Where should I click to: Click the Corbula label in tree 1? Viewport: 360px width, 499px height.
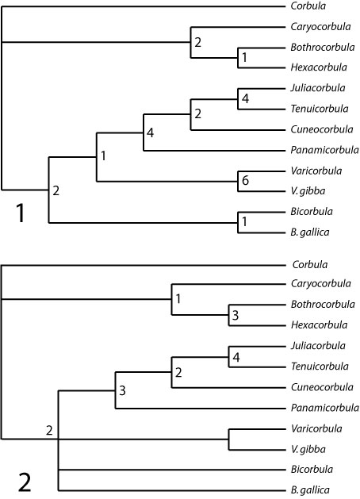point(308,6)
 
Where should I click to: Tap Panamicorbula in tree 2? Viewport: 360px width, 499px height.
point(324,408)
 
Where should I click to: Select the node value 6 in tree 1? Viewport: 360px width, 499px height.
point(245,180)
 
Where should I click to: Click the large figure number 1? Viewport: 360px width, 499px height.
point(21,213)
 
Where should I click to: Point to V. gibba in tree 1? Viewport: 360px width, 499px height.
point(308,191)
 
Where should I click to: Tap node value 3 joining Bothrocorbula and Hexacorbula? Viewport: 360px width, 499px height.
point(236,315)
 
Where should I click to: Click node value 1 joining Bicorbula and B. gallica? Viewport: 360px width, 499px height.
point(244,221)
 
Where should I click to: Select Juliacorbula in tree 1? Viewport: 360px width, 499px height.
point(317,88)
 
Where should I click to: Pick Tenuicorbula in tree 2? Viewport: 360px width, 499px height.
point(320,367)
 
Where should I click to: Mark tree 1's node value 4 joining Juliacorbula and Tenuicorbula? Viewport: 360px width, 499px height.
point(245,98)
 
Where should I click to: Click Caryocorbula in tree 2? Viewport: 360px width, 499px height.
point(321,283)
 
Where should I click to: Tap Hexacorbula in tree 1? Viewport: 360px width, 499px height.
point(318,67)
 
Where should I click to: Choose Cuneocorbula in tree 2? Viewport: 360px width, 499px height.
point(322,387)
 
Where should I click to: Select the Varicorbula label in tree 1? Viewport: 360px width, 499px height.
point(316,171)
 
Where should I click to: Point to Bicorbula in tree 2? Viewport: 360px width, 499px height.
point(312,469)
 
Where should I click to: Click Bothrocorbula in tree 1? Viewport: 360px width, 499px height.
point(322,47)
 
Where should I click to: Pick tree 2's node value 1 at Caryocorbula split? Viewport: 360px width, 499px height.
point(178,298)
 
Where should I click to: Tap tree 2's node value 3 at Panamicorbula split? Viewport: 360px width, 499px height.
point(122,390)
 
